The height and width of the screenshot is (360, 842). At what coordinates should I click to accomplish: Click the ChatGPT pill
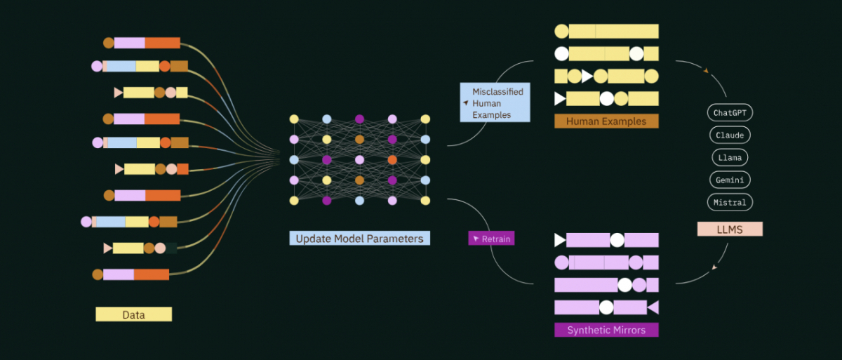pos(730,113)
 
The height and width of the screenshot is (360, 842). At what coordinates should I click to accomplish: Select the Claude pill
pos(730,135)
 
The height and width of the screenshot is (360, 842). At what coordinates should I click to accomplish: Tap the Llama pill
pos(730,157)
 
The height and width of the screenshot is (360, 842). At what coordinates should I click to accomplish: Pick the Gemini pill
pos(730,180)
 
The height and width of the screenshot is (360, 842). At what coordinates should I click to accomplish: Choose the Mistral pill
pos(730,202)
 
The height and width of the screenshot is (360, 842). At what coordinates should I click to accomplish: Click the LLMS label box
pos(730,229)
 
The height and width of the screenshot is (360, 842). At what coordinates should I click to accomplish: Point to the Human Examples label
pos(606,121)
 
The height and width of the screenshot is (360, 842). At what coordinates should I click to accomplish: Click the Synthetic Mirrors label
pos(606,330)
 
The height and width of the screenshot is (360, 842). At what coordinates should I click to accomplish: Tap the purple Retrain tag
pos(491,239)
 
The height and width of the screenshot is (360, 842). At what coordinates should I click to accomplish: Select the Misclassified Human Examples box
pos(495,102)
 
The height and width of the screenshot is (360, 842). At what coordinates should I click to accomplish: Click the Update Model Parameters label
pos(360,239)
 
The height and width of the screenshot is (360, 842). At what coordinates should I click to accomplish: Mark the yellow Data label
pos(134,314)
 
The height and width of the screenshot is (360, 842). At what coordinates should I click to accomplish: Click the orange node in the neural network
pos(392,160)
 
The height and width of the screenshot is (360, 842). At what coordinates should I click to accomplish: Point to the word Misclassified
pos(497,92)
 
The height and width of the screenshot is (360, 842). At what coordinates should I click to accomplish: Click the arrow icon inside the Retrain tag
pos(476,239)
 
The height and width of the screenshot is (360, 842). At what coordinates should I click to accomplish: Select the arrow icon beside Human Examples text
pos(466,102)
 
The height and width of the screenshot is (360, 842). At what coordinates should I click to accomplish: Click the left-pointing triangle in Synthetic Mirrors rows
pos(653,307)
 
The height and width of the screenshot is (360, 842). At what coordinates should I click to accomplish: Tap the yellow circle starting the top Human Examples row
pos(561,31)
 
